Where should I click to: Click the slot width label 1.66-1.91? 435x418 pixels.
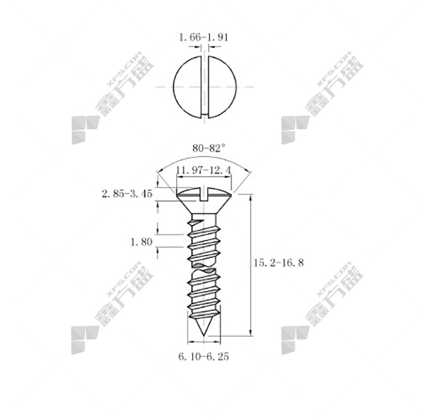tap(204, 37)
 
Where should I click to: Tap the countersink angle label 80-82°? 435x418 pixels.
tap(209, 148)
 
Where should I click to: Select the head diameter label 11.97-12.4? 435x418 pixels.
tap(204, 170)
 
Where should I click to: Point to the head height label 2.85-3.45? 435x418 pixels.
tap(127, 194)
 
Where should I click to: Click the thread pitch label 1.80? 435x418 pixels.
tap(141, 242)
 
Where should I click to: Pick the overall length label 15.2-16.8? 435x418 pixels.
tap(279, 263)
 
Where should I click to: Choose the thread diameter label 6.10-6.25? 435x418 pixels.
tap(204, 357)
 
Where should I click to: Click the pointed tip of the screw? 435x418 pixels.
tap(204, 335)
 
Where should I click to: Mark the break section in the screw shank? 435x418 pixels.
tap(204, 267)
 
